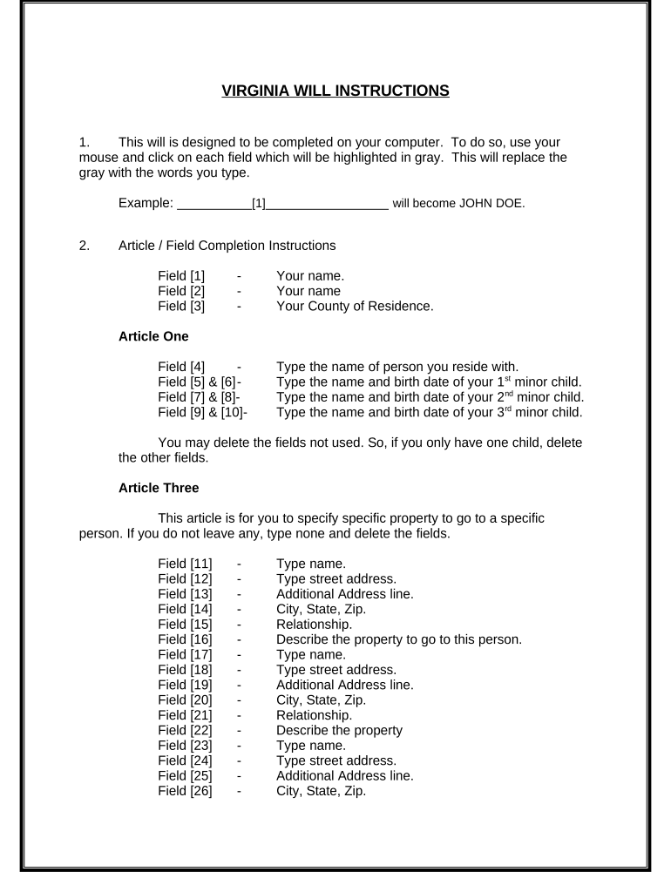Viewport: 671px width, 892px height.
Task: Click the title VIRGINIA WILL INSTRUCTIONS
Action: (335, 90)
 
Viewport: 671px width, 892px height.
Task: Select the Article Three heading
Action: (159, 488)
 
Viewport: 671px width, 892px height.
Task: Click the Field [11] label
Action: (185, 564)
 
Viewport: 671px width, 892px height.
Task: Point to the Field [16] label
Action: (185, 639)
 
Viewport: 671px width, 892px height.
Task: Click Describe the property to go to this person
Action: (399, 639)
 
